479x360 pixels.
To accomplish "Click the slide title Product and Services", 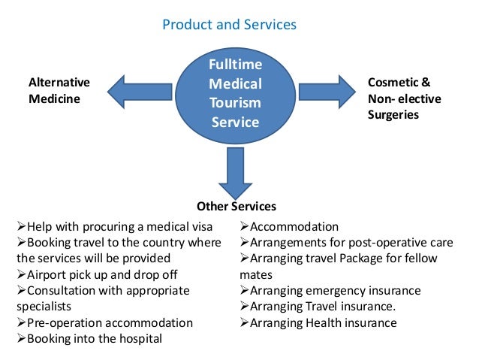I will tap(230, 25).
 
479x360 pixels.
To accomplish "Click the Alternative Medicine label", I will tap(59, 90).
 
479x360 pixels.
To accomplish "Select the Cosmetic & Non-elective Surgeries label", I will tap(404, 98).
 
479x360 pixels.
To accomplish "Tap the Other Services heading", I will tap(236, 206).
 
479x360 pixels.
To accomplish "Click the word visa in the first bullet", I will tap(199, 226).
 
